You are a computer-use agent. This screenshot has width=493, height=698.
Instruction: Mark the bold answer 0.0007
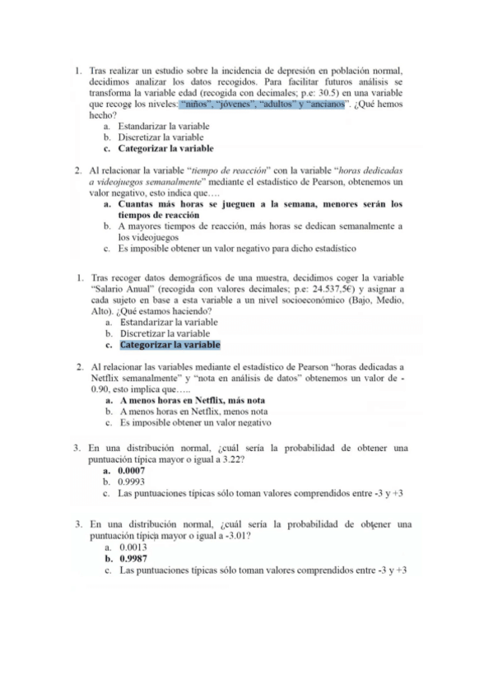pyautogui.click(x=132, y=470)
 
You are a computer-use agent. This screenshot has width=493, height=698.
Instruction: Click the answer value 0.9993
pyautogui.click(x=132, y=482)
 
